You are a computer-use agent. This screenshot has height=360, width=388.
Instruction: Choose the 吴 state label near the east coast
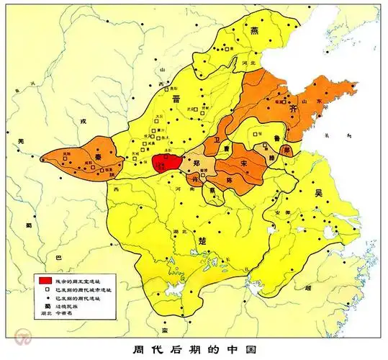318,194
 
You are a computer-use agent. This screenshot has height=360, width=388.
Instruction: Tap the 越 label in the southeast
308,287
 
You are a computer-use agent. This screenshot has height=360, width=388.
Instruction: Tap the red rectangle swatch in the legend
45,277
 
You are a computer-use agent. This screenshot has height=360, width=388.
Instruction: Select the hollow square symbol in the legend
45,287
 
